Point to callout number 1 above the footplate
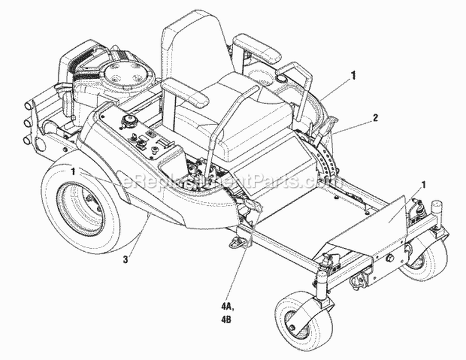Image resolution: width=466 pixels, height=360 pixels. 424,184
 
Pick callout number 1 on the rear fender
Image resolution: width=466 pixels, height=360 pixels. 75,170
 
